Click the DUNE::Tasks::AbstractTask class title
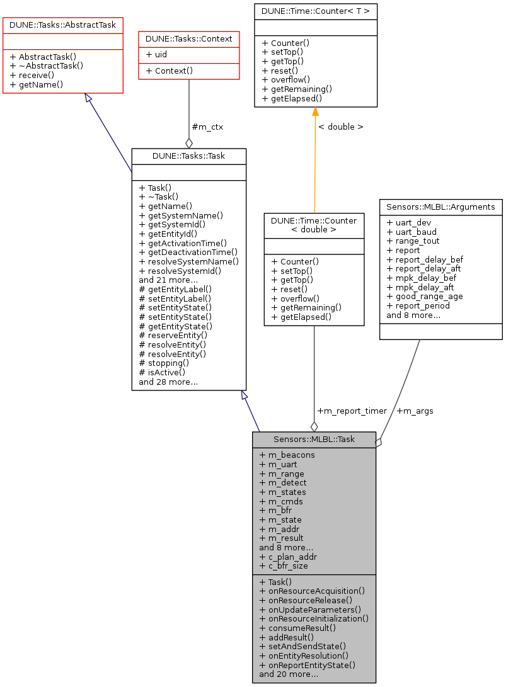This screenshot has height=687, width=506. [x=62, y=24]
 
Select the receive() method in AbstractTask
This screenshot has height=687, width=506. [x=32, y=74]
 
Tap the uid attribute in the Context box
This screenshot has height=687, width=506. [x=156, y=54]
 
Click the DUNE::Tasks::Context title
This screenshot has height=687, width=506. [x=189, y=38]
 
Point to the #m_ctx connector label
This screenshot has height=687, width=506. [x=208, y=127]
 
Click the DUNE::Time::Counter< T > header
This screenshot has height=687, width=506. [x=316, y=11]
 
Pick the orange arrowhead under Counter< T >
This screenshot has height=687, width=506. [x=315, y=112]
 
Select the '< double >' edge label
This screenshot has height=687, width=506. [x=340, y=127]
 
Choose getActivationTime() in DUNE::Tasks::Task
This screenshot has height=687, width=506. [x=183, y=242]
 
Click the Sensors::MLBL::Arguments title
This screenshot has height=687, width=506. [x=440, y=207]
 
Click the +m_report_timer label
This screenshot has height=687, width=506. [x=352, y=411]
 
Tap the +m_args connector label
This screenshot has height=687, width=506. [x=415, y=411]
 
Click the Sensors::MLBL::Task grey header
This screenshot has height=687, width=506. [x=314, y=439]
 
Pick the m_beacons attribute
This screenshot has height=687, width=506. [x=287, y=454]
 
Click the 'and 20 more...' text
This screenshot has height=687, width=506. [x=288, y=674]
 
